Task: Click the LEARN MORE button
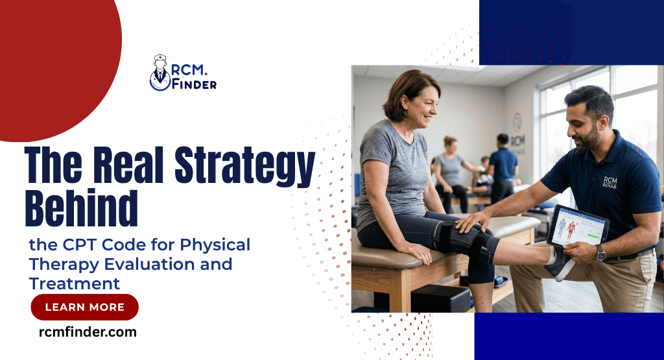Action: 84,307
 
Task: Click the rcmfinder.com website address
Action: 88,332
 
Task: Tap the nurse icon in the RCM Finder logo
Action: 160,71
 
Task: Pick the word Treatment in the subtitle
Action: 75,283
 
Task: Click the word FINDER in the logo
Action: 195,84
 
